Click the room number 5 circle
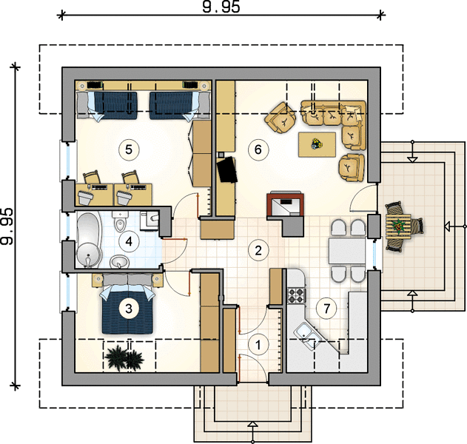(129, 149)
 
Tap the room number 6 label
(258, 149)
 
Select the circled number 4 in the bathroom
(129, 241)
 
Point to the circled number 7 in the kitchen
(326, 309)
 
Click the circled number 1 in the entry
(258, 345)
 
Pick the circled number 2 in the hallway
(258, 250)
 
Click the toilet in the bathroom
(119, 221)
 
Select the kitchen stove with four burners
(296, 295)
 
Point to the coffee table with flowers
(318, 144)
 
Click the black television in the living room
(227, 169)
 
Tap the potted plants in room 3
(124, 357)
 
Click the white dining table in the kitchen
(347, 251)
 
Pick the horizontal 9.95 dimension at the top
(221, 7)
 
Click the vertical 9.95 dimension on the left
(7, 226)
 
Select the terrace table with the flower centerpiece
(397, 226)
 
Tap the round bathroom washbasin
(120, 263)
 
